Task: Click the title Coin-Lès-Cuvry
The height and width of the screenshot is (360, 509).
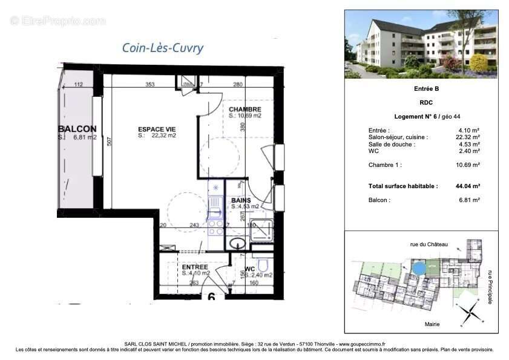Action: click(163, 48)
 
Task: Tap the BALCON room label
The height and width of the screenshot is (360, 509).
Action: click(77, 129)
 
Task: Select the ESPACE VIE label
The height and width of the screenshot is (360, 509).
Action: click(157, 129)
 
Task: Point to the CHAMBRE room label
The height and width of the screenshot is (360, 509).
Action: click(245, 109)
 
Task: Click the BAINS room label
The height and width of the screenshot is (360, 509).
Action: click(241, 200)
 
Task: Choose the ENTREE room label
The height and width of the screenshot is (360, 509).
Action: click(195, 267)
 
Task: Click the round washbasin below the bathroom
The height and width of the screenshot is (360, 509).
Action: click(238, 243)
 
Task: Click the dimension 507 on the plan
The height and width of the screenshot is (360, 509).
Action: click(109, 143)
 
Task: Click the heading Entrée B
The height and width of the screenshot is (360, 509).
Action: click(421, 89)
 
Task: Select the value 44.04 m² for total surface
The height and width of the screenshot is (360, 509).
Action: click(468, 187)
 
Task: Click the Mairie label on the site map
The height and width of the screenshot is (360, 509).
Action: click(433, 325)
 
